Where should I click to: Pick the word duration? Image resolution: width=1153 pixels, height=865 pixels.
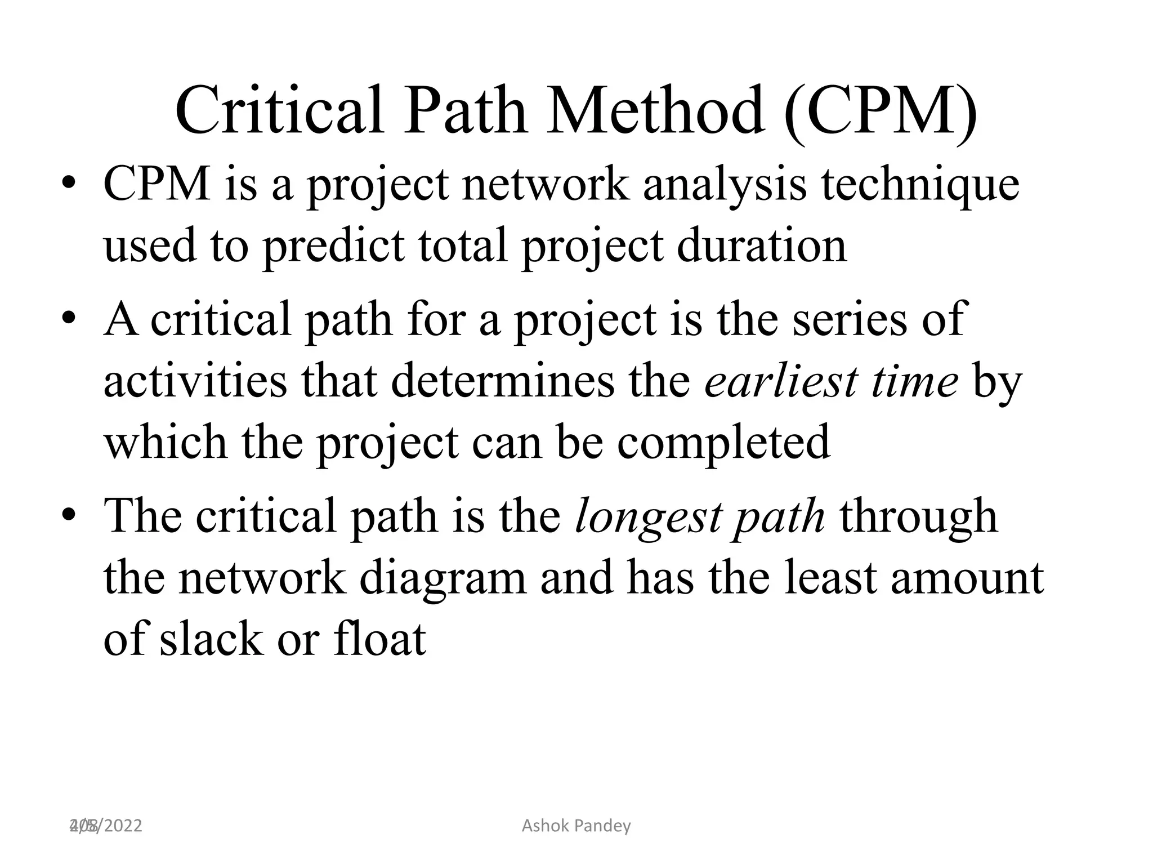(x=762, y=246)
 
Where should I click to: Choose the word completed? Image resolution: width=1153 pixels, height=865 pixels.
(x=723, y=443)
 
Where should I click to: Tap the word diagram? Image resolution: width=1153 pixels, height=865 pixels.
(x=442, y=578)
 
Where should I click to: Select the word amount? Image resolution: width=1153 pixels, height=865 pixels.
(x=967, y=578)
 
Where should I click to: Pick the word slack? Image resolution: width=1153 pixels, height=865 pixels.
(x=212, y=639)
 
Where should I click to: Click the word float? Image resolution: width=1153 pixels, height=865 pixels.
(x=379, y=639)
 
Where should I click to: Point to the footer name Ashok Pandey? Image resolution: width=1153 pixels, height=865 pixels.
(x=576, y=826)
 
